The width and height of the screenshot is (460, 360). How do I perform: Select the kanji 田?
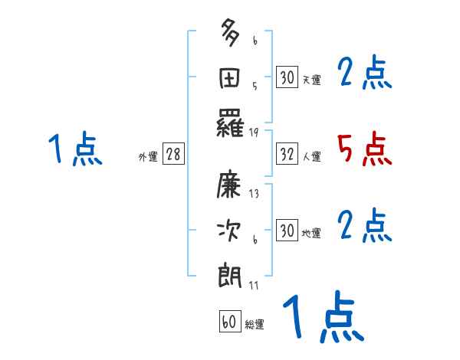[x=231, y=79]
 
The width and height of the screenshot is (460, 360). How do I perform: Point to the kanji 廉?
[x=231, y=185]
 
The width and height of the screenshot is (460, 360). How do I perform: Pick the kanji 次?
[x=231, y=231]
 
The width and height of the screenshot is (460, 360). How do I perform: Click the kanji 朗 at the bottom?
[x=231, y=275]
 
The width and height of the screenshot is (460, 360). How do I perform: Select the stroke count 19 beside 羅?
[x=255, y=133]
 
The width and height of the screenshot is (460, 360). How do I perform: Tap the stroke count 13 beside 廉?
[x=255, y=194]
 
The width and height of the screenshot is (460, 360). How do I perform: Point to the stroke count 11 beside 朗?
[x=255, y=286]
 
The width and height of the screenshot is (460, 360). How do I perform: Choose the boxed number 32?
[x=286, y=155]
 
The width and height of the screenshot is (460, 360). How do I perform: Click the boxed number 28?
[x=173, y=155]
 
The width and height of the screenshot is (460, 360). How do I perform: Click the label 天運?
[x=311, y=80]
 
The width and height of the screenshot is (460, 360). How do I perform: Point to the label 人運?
[x=311, y=157]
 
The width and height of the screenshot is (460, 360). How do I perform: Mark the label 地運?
[x=311, y=233]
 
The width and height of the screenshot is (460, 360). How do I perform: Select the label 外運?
[x=148, y=157]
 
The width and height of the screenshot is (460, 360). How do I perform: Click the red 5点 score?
[x=364, y=149]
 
